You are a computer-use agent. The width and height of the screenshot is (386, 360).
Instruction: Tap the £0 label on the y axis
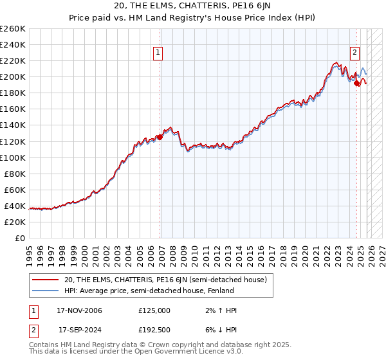(21, 238)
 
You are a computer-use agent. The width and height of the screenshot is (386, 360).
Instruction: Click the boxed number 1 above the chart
(158, 53)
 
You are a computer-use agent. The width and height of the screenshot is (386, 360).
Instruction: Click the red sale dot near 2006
(160, 137)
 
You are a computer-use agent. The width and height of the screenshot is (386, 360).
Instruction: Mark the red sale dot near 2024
(356, 82)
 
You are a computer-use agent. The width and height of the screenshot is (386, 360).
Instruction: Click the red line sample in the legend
(46, 280)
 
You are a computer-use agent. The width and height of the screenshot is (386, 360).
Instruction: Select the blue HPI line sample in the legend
(46, 291)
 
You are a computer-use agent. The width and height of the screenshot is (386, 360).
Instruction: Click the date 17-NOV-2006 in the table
(80, 310)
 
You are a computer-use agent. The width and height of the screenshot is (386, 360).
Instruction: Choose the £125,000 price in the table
(154, 310)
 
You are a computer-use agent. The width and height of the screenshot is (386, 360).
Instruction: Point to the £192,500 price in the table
(154, 329)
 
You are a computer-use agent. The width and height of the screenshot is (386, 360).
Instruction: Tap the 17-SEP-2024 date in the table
(80, 329)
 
